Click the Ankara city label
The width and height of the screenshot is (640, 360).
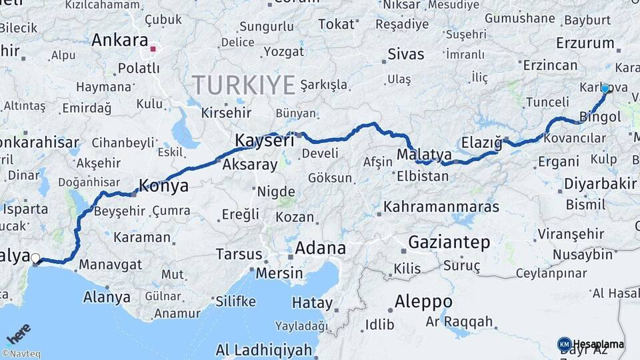(119, 40)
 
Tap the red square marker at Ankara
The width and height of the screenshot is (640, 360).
(153, 48)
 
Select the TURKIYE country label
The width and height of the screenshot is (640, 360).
(244, 85)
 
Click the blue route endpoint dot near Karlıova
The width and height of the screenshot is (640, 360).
(605, 88)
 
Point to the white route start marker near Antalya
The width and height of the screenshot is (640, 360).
(35, 259)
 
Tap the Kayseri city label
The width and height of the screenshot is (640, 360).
(265, 141)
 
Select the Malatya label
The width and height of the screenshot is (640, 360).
(424, 155)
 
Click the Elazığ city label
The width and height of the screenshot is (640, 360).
(481, 143)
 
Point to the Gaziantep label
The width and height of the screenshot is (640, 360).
(449, 242)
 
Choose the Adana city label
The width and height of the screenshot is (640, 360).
(320, 249)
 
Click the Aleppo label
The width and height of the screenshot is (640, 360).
(423, 301)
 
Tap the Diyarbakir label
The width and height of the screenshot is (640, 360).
(599, 183)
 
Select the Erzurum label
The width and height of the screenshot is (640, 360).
(585, 43)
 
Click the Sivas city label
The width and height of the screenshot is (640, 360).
(405, 53)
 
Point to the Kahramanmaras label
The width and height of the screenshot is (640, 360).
(440, 207)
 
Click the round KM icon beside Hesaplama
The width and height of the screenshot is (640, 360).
(564, 344)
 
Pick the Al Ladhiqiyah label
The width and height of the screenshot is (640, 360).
(263, 350)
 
